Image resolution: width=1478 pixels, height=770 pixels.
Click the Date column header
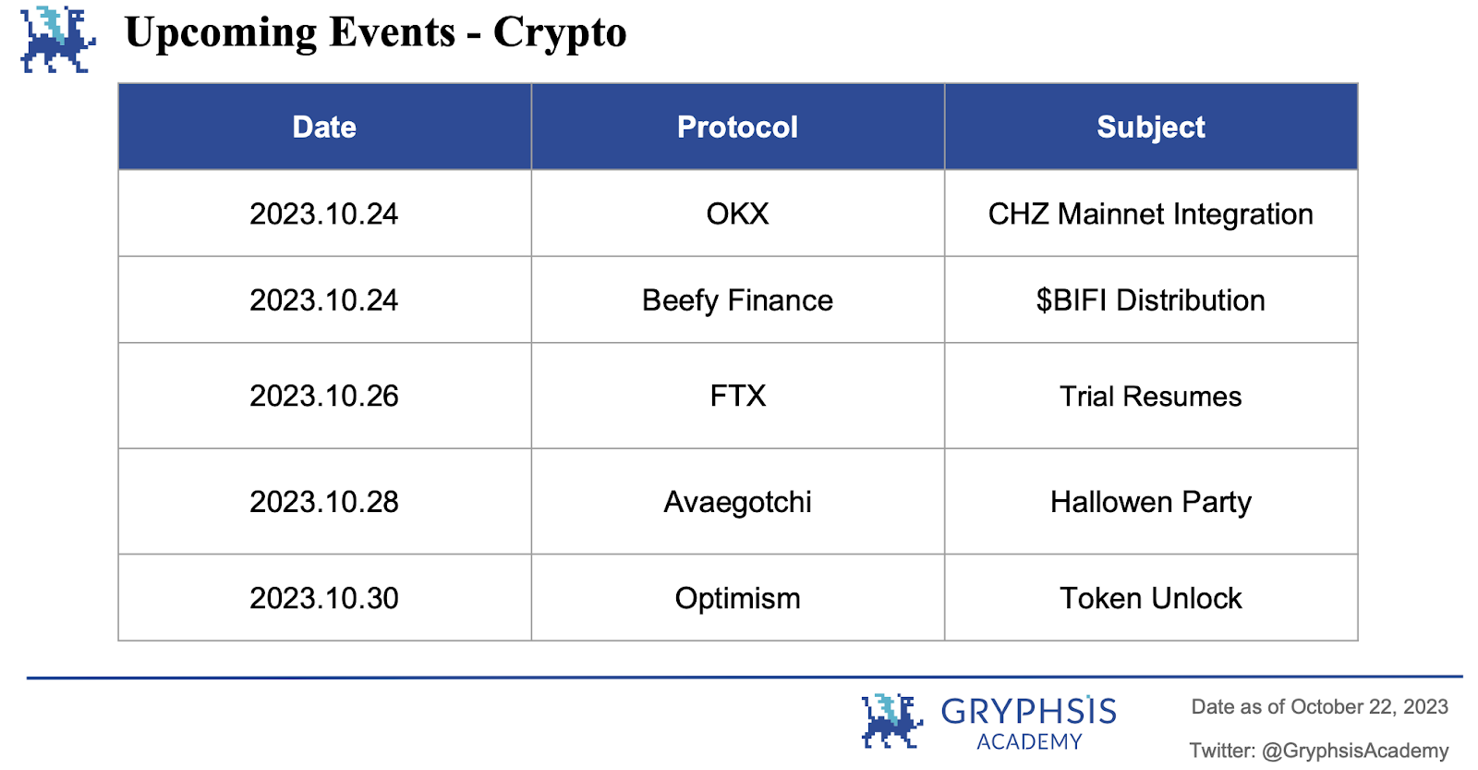(324, 127)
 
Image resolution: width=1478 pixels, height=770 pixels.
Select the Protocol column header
(738, 127)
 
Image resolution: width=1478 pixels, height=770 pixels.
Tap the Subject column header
(1151, 127)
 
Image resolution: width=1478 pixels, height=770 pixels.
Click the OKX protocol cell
(738, 214)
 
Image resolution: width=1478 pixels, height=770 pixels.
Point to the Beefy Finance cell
(738, 300)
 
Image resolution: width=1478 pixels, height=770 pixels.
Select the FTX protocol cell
(738, 397)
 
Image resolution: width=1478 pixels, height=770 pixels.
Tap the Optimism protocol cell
(738, 598)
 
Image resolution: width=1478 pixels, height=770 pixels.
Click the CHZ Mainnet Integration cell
(1151, 214)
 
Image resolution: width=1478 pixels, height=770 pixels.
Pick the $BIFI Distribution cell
(1151, 300)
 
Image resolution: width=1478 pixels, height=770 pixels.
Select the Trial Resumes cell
(1151, 397)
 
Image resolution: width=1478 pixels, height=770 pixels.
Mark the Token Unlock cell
(1151, 598)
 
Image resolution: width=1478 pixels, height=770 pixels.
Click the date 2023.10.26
(324, 397)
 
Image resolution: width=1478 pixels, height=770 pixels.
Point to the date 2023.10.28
(324, 503)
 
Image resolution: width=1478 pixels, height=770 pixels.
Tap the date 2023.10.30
(324, 598)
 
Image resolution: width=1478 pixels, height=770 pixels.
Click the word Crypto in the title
(560, 33)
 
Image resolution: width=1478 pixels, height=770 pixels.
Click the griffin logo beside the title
(58, 40)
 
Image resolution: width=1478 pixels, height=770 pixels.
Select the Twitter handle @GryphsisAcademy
(1355, 751)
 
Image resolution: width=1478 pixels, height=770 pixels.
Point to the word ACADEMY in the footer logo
(1029, 741)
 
